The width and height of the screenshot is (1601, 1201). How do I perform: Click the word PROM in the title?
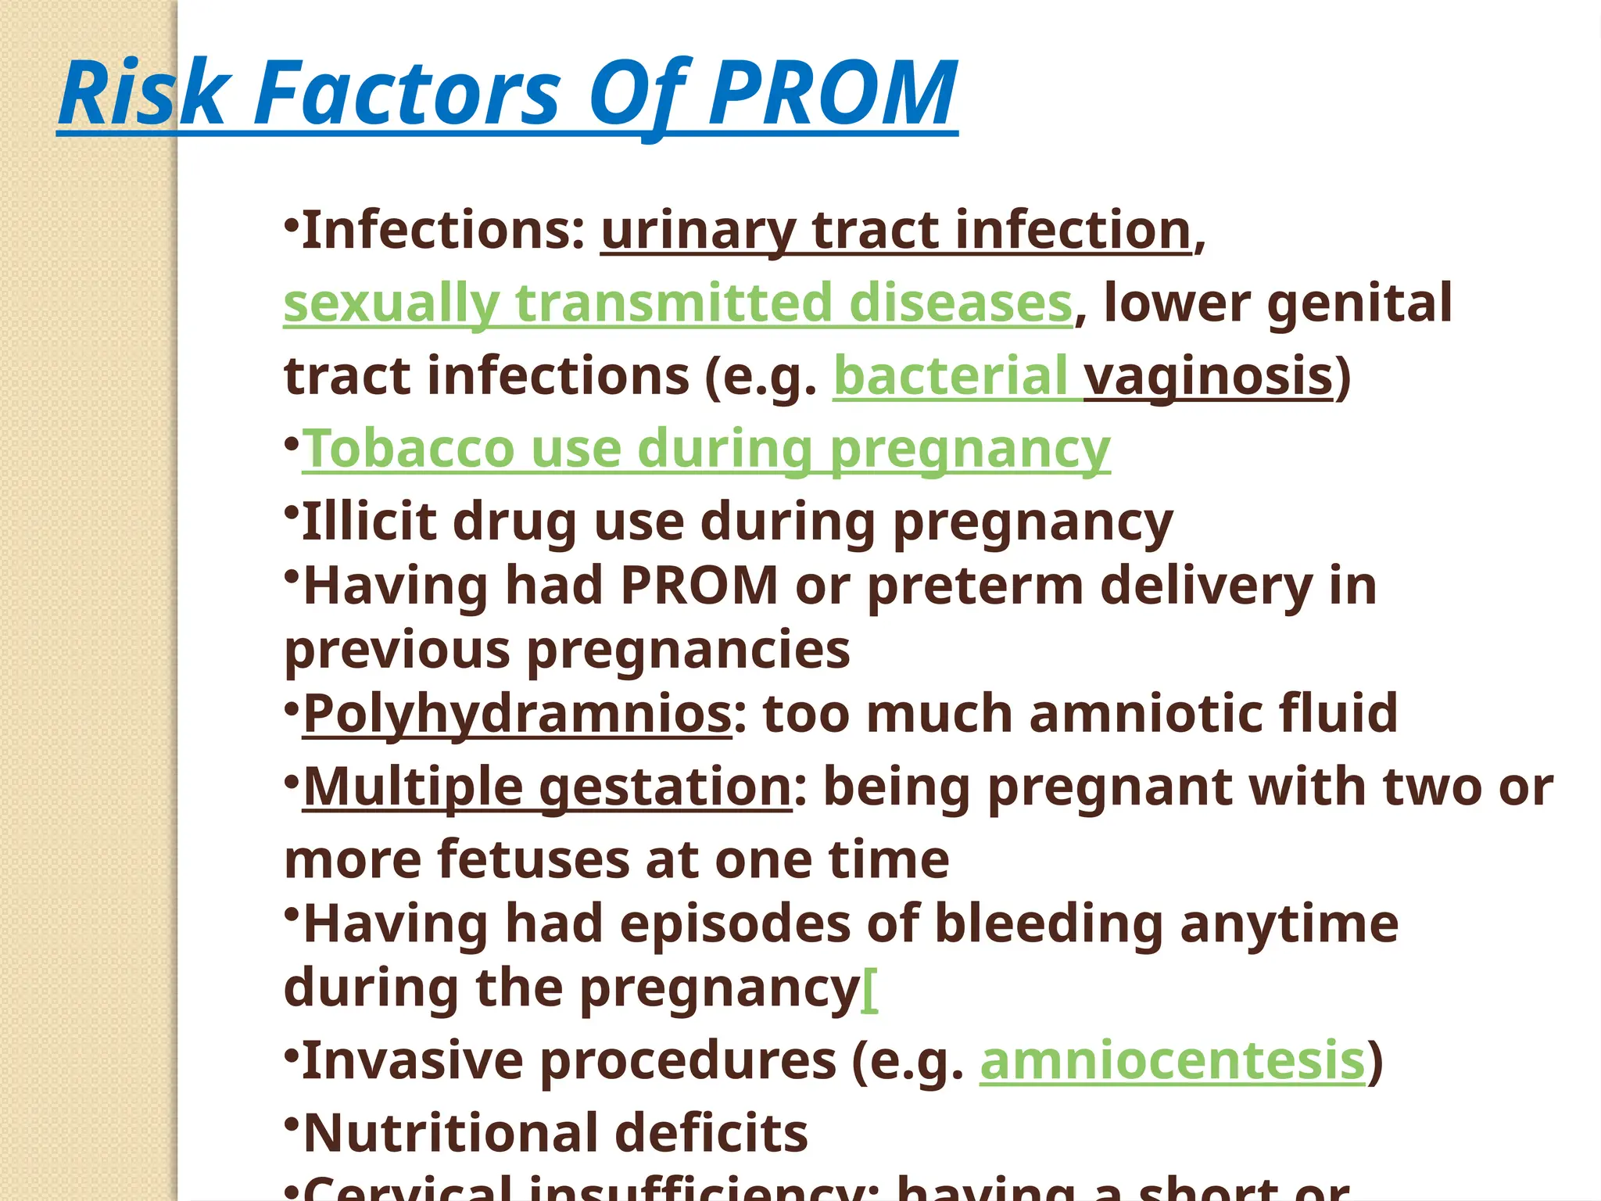pyautogui.click(x=833, y=94)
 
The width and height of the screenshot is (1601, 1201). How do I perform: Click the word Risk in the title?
pyautogui.click(x=145, y=94)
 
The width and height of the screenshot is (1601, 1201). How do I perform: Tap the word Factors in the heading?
pyautogui.click(x=407, y=94)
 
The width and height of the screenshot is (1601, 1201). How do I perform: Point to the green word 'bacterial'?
pyautogui.click(x=950, y=376)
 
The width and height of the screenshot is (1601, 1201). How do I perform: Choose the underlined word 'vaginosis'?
pyautogui.click(x=1209, y=376)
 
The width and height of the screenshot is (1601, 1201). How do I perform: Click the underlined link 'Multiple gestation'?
pyautogui.click(x=547, y=786)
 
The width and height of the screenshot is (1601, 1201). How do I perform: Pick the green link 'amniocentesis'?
pyautogui.click(x=1173, y=1061)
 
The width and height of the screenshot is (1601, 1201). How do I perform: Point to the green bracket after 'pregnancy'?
pyautogui.click(x=870, y=990)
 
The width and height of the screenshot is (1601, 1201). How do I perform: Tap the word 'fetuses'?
pyautogui.click(x=532, y=859)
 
